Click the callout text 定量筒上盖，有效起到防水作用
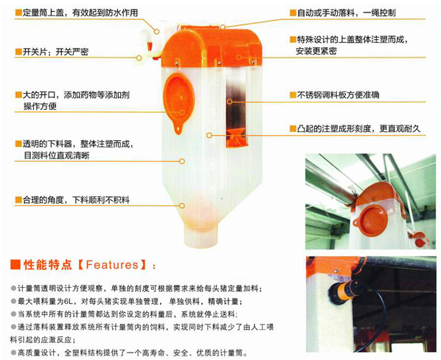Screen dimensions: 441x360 pos(80,13)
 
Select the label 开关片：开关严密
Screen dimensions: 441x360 pos(55,52)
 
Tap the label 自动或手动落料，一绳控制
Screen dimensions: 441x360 pos(346,13)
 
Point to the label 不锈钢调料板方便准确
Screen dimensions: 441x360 pos(338,94)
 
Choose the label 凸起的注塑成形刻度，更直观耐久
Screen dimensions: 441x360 pos(358,128)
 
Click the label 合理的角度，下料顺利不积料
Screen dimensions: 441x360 pos(76,200)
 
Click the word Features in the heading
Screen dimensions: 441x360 pos(112,265)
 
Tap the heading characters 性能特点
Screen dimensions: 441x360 pos(47,265)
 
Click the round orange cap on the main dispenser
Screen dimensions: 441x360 pos(179,98)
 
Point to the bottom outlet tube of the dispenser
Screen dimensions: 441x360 pos(201,236)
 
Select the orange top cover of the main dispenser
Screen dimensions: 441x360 pos(212,46)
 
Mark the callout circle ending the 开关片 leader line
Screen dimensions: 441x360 pos(139,58)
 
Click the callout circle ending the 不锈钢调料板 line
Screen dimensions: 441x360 pos(229,101)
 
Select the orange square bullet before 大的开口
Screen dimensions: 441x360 pos(18,94)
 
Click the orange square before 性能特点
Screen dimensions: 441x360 pos(15,265)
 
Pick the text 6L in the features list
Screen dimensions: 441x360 pos(68,302)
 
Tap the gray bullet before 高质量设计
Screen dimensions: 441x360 pos(13,352)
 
